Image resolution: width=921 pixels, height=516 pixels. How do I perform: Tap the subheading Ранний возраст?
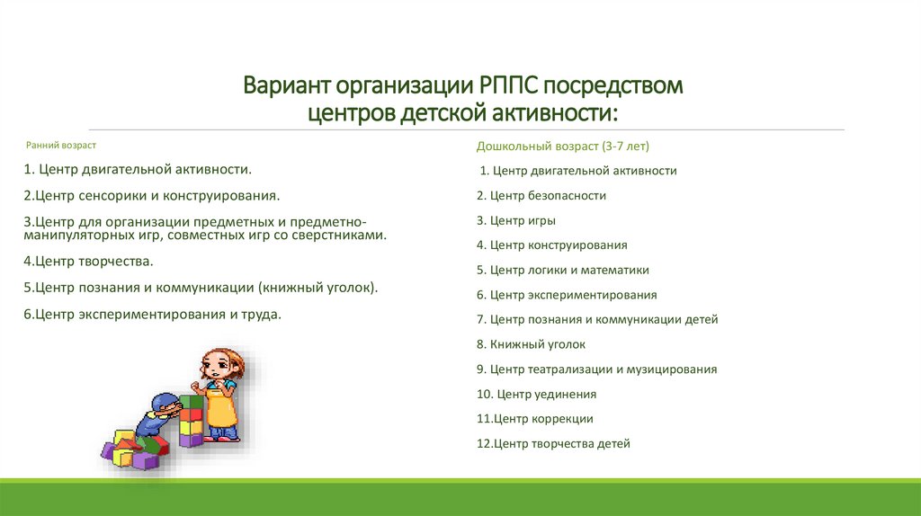click(61, 145)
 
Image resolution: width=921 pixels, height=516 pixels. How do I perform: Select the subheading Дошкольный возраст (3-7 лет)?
click(562, 146)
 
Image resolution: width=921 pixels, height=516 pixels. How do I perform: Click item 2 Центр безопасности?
click(541, 195)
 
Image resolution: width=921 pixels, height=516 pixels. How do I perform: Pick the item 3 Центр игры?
click(515, 220)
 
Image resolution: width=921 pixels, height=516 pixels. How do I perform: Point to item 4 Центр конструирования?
click(551, 245)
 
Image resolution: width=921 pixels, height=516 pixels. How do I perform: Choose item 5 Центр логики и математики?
click(562, 270)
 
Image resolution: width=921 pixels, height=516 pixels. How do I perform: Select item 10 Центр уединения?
click(536, 394)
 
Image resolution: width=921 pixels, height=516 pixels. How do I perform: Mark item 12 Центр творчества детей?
click(553, 443)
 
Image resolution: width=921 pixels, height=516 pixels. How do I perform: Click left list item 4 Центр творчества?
click(89, 262)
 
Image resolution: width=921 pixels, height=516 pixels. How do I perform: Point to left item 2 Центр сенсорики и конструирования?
click(152, 194)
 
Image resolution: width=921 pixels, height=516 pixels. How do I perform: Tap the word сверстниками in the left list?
click(341, 236)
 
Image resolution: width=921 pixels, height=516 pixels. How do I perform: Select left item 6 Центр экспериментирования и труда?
click(153, 314)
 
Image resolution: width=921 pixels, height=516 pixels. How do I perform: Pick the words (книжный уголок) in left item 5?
click(318, 288)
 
